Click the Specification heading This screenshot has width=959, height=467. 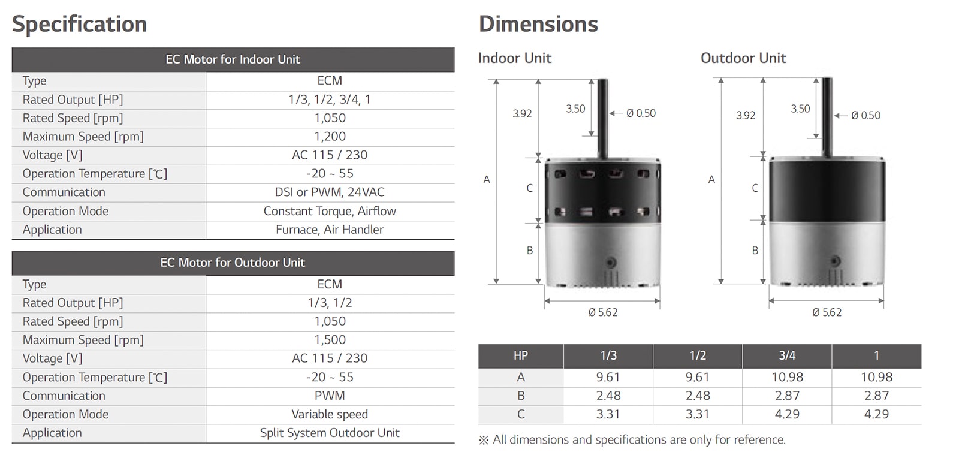click(x=80, y=25)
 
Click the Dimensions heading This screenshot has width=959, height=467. click(x=538, y=25)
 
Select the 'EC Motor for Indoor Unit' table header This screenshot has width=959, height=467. click(x=233, y=59)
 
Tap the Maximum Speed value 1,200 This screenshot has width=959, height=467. click(x=330, y=137)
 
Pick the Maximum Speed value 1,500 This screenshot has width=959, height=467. click(x=330, y=340)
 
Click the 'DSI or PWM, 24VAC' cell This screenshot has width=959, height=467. click(x=330, y=192)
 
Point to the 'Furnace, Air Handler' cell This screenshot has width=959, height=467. click(x=330, y=230)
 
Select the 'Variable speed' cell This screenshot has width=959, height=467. click(x=330, y=414)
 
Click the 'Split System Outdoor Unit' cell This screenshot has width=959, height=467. click(x=330, y=433)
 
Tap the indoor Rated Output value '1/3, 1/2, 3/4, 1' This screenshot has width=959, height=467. click(x=330, y=100)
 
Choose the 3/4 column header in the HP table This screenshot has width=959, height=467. click(x=786, y=355)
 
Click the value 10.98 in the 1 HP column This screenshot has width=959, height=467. click(x=876, y=377)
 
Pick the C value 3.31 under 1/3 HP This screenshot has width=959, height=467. click(x=608, y=414)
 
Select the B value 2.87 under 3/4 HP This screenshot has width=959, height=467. click(x=786, y=396)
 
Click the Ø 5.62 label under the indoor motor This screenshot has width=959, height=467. click(x=602, y=312)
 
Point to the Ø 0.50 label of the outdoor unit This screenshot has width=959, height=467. click(x=865, y=116)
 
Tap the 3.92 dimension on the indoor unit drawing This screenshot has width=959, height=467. click(x=522, y=114)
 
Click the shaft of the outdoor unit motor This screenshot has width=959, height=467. click(x=827, y=114)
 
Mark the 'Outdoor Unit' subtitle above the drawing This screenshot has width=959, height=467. click(x=743, y=58)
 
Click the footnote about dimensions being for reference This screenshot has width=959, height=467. click(x=632, y=440)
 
